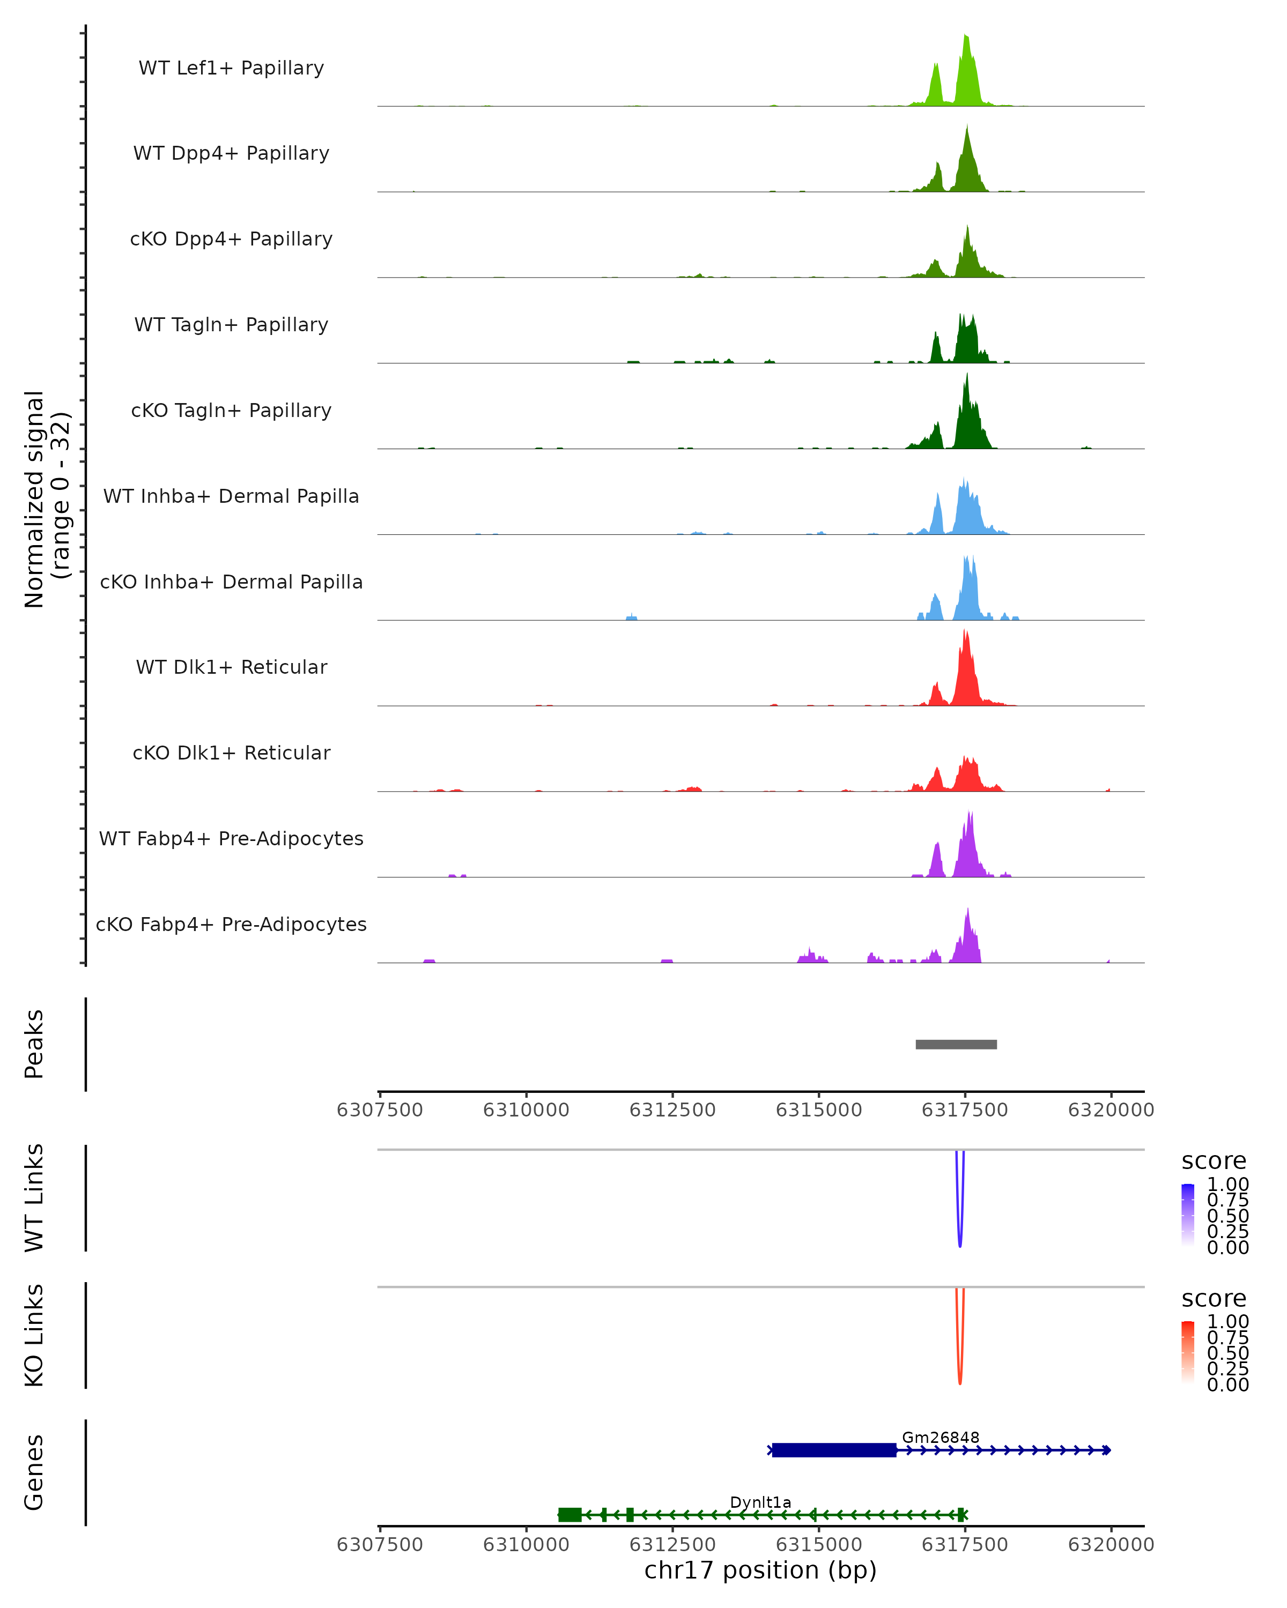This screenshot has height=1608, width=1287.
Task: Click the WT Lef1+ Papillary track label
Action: coord(231,68)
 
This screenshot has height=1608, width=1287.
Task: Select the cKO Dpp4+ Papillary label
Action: coord(231,240)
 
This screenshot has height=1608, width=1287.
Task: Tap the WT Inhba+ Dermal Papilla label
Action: coord(231,497)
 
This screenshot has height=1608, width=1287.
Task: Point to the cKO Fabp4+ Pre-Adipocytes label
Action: coord(231,925)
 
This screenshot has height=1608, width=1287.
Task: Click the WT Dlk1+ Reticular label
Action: coord(231,667)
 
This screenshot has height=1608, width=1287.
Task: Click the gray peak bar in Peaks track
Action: coord(956,1044)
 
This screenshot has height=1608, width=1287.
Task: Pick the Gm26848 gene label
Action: coord(940,1437)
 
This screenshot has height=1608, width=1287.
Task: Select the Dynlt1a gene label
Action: coord(760,1502)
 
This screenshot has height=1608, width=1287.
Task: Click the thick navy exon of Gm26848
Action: coord(833,1450)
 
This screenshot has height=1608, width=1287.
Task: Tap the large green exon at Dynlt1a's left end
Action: coord(570,1514)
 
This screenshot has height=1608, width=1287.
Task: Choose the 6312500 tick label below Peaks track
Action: coord(672,1110)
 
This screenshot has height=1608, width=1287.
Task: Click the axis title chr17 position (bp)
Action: coord(760,1570)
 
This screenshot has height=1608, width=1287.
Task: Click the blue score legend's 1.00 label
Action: coord(1227,1185)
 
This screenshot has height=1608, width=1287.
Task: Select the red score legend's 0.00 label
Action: coord(1227,1385)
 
